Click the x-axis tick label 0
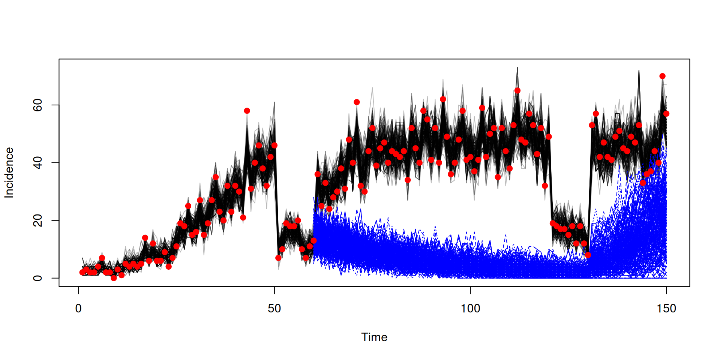coord(78,308)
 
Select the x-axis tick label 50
coord(274,308)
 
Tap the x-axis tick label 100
coord(470,308)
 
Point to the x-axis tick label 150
coord(666,308)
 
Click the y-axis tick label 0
coord(37,278)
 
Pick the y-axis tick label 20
coord(37,220)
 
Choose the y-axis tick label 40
coord(37,163)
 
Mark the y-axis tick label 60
coord(37,105)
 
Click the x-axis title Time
coord(374,337)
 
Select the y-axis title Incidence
coord(9,172)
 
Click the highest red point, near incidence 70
coord(662,76)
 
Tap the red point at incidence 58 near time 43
coord(247,111)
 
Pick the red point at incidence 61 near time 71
coord(357,102)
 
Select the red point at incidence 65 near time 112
coord(517,90)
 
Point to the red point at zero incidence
coord(114,278)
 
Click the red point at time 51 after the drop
coord(278,258)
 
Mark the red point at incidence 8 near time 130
coord(588,255)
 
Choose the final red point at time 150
coord(666,114)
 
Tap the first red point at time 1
coord(82,272)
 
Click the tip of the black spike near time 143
coord(639,70)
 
